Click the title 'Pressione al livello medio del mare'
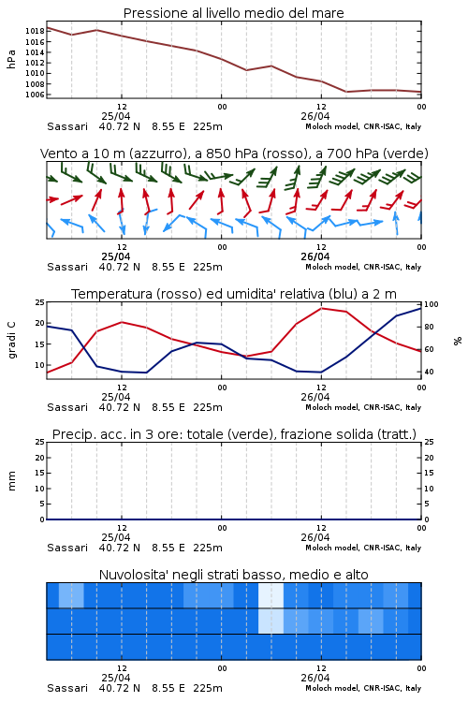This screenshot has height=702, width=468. [x=233, y=13]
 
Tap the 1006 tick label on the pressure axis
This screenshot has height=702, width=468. [x=35, y=95]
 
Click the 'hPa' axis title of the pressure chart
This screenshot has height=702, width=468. [x=11, y=59]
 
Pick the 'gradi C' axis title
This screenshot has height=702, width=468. [x=11, y=340]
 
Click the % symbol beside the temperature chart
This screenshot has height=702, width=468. [x=458, y=341]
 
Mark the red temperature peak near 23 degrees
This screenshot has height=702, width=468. [x=322, y=308]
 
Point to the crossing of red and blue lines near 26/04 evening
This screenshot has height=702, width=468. [x=374, y=333]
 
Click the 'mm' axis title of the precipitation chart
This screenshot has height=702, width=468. [x=11, y=480]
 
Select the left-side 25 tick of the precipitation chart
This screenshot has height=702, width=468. [x=40, y=442]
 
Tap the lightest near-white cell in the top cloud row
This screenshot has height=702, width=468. [x=271, y=595]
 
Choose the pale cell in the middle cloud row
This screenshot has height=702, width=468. [x=271, y=621]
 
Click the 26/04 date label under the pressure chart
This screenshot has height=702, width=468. [x=315, y=116]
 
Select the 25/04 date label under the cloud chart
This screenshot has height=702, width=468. [x=116, y=679]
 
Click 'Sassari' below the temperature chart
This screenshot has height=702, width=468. [x=67, y=407]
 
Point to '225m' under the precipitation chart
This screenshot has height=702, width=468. [x=208, y=548]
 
